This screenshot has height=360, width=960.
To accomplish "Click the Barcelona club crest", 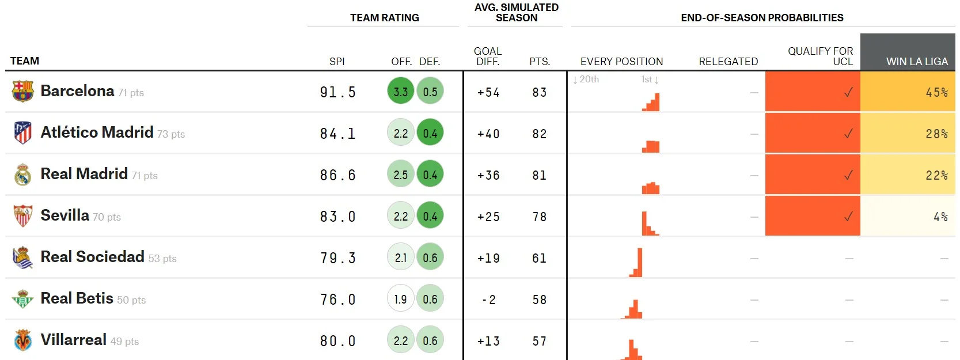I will click(x=23, y=91).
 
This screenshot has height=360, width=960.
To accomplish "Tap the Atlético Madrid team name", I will click(x=97, y=132).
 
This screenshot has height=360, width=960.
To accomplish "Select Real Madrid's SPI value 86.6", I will click(x=338, y=175).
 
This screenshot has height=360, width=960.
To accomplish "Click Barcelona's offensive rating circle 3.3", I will click(x=401, y=92).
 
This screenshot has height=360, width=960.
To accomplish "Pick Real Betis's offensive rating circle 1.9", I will click(x=401, y=299).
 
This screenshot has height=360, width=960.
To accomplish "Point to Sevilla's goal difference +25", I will click(x=488, y=217).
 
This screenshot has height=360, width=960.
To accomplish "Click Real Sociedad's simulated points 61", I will click(x=539, y=258).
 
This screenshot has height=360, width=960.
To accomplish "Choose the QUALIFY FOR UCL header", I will click(x=820, y=56).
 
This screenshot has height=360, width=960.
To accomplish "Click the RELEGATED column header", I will click(x=728, y=61).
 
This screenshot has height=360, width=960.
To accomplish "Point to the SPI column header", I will click(x=337, y=61).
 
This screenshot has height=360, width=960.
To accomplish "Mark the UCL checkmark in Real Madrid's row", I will click(x=848, y=175).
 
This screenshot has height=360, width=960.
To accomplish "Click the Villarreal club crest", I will click(x=23, y=340).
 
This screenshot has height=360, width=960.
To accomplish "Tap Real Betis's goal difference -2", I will click(x=488, y=300).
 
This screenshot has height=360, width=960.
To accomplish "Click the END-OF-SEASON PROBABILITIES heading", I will click(x=762, y=18).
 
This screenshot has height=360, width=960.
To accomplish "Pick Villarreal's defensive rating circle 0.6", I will click(x=430, y=340).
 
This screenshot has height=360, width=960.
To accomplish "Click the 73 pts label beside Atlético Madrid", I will click(x=171, y=134).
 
